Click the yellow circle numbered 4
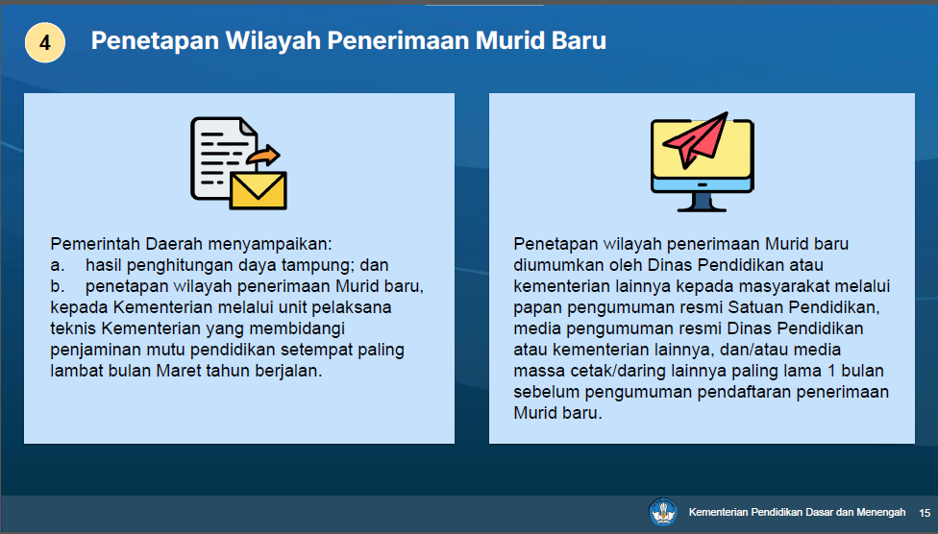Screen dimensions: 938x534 (x=45, y=42)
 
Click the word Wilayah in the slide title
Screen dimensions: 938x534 (x=272, y=40)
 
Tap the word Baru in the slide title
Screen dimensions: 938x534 (x=579, y=40)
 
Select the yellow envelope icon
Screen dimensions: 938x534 (x=259, y=191)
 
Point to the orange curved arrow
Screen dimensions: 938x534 (x=263, y=155)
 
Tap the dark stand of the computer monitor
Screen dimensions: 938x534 (x=702, y=202)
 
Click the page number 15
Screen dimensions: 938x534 (x=925, y=513)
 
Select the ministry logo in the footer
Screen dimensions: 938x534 (x=663, y=513)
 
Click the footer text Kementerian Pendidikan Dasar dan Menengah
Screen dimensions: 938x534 (x=797, y=513)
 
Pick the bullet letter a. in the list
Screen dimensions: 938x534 (x=58, y=265)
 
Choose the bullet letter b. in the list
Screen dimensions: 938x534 (x=58, y=286)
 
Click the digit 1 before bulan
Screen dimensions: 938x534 (x=831, y=371)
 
